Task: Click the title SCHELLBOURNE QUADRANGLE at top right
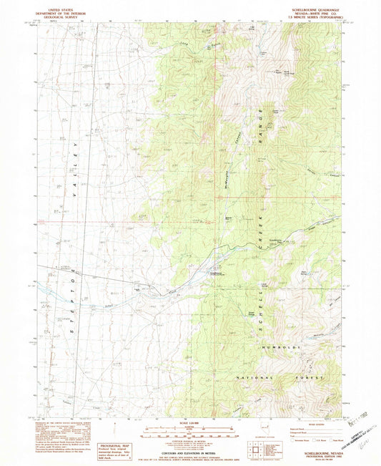pos(315,9)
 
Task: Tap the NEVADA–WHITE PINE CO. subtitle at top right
pos(315,14)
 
